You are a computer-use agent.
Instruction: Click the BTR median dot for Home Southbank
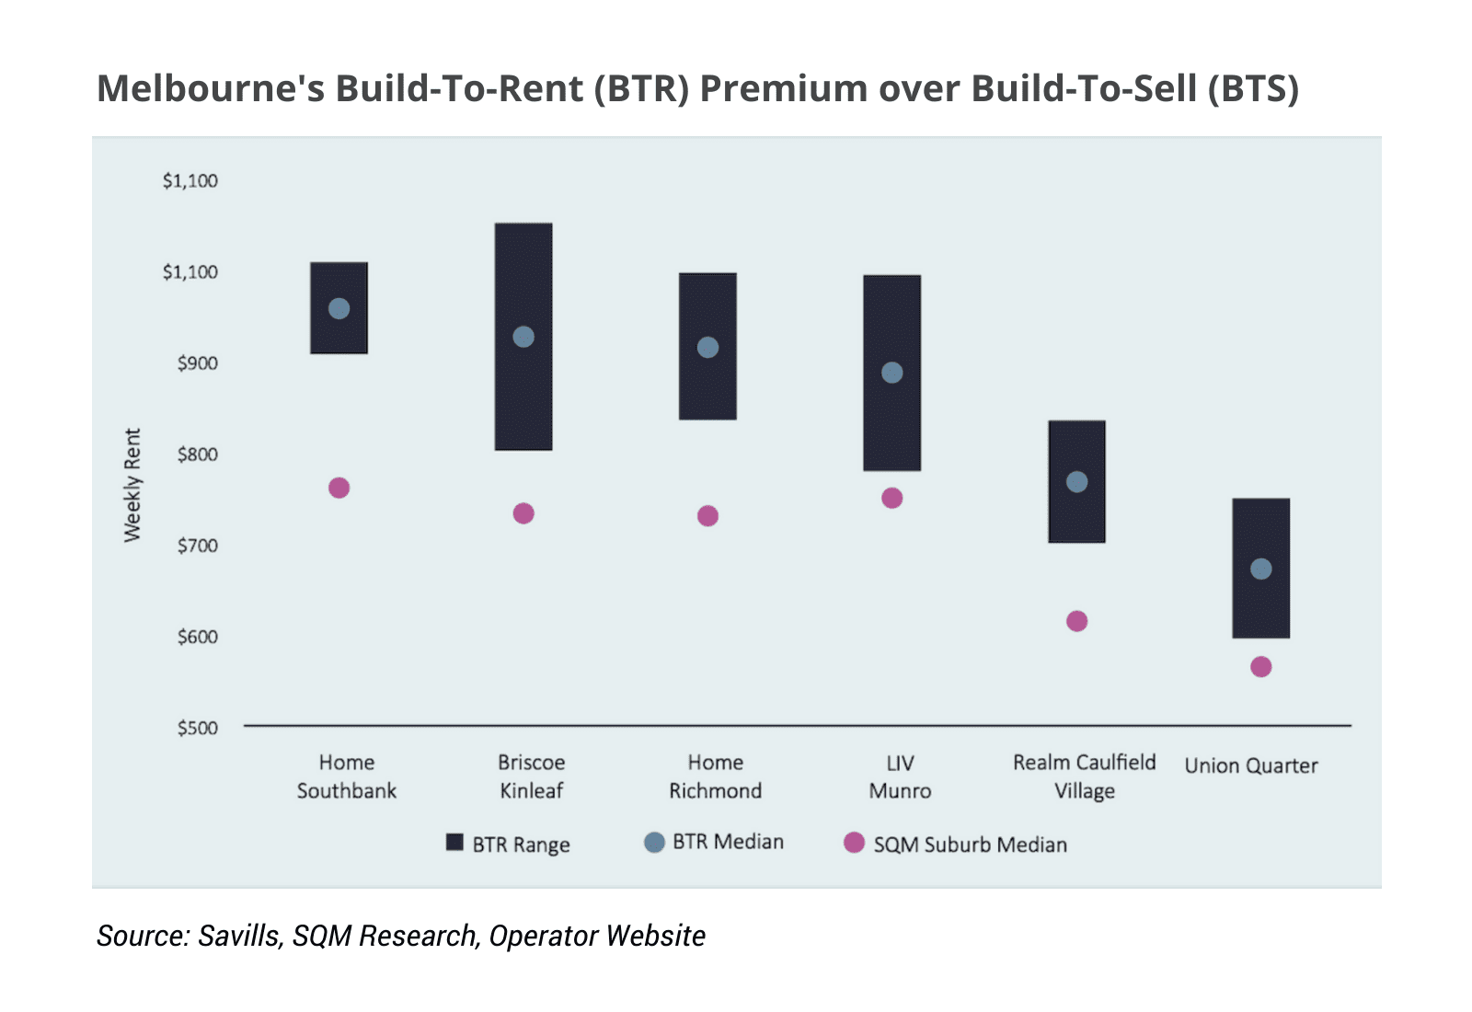(x=339, y=308)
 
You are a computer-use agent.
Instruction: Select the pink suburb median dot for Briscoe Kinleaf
(x=523, y=513)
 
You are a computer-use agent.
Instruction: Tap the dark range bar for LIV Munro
(x=891, y=423)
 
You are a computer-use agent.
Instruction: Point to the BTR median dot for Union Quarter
(x=1261, y=569)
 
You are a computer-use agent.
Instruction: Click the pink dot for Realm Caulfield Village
(x=1076, y=621)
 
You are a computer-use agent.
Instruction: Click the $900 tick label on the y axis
(x=197, y=362)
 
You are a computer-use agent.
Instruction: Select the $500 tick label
(x=197, y=728)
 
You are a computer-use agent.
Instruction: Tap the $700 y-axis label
(x=197, y=546)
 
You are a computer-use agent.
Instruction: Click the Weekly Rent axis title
(x=132, y=485)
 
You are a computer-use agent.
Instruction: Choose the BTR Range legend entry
(x=508, y=844)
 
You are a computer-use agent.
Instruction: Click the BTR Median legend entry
(x=715, y=842)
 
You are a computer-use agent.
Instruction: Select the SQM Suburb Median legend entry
(x=956, y=844)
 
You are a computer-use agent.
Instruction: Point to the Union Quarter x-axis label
(x=1250, y=765)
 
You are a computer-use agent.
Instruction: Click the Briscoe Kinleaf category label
(x=531, y=776)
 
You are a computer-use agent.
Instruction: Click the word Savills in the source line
(x=239, y=936)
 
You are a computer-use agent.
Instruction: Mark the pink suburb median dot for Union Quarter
(x=1261, y=667)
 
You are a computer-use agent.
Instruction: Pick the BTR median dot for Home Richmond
(x=707, y=348)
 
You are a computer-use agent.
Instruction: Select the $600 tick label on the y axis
(x=197, y=637)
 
